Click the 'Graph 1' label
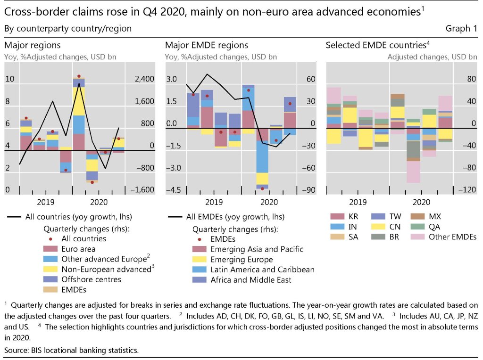point(461,29)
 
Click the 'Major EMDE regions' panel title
point(206,45)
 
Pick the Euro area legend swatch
point(50,249)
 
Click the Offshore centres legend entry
point(91,280)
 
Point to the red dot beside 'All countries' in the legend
point(50,239)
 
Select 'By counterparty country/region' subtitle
point(67,29)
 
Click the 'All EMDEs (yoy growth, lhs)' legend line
point(176,217)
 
